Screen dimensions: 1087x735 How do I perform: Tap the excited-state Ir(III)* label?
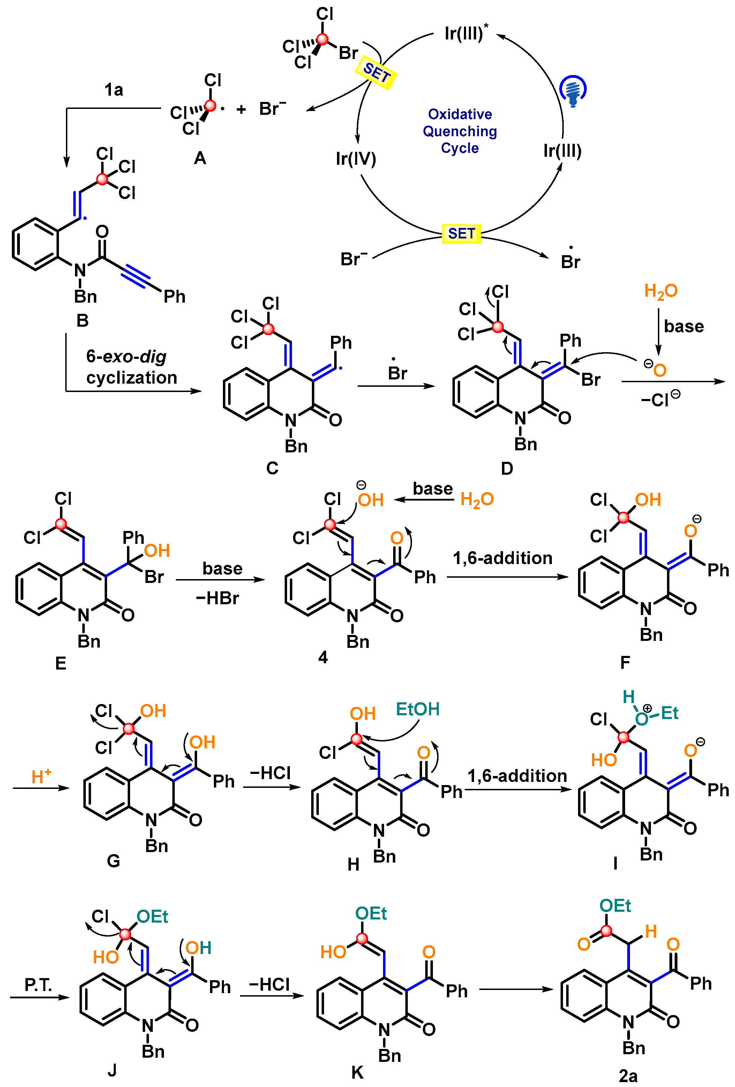click(x=466, y=33)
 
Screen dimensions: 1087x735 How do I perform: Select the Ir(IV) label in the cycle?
click(x=355, y=158)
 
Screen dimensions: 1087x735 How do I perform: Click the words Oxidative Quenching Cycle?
click(x=460, y=131)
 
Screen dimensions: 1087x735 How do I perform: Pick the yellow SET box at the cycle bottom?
click(x=461, y=234)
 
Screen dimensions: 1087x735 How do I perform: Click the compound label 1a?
click(x=114, y=89)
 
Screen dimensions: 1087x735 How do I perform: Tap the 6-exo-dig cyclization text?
click(x=132, y=367)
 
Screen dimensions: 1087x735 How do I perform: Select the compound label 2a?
click(x=628, y=1076)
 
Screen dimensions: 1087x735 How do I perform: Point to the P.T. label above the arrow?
click(x=38, y=985)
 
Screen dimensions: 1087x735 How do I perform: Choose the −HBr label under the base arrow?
click(x=217, y=598)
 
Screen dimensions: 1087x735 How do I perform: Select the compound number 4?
click(x=323, y=657)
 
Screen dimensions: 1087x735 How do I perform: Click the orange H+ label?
click(x=41, y=776)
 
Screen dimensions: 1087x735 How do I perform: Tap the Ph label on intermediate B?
click(x=174, y=296)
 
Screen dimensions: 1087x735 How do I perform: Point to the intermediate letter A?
click(x=200, y=158)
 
